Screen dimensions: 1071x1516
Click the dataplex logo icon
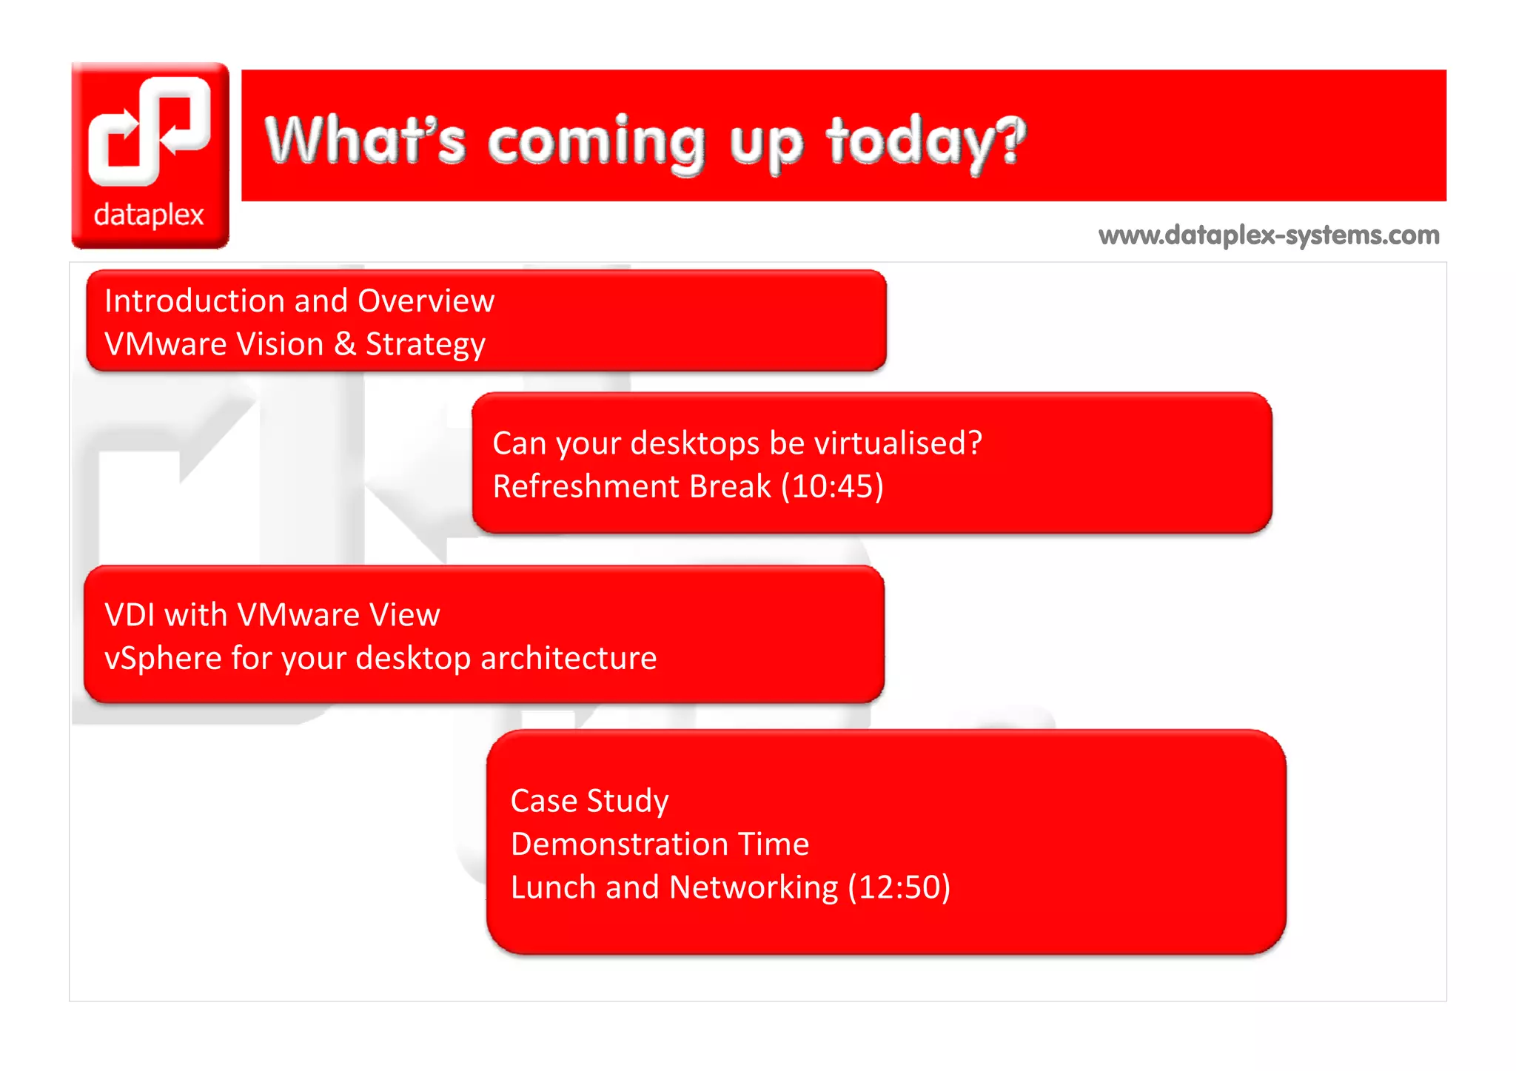click(150, 131)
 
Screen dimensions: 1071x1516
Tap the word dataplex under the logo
click(149, 215)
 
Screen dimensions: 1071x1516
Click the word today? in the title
click(926, 142)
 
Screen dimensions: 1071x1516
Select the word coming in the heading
click(596, 142)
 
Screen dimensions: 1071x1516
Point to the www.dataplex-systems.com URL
click(1269, 235)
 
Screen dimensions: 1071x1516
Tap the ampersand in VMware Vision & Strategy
click(344, 345)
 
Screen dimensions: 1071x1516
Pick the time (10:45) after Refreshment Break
click(833, 487)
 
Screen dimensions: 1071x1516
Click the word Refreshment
click(586, 487)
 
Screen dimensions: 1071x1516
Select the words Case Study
click(589, 801)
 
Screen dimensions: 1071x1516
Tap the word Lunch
click(553, 887)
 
